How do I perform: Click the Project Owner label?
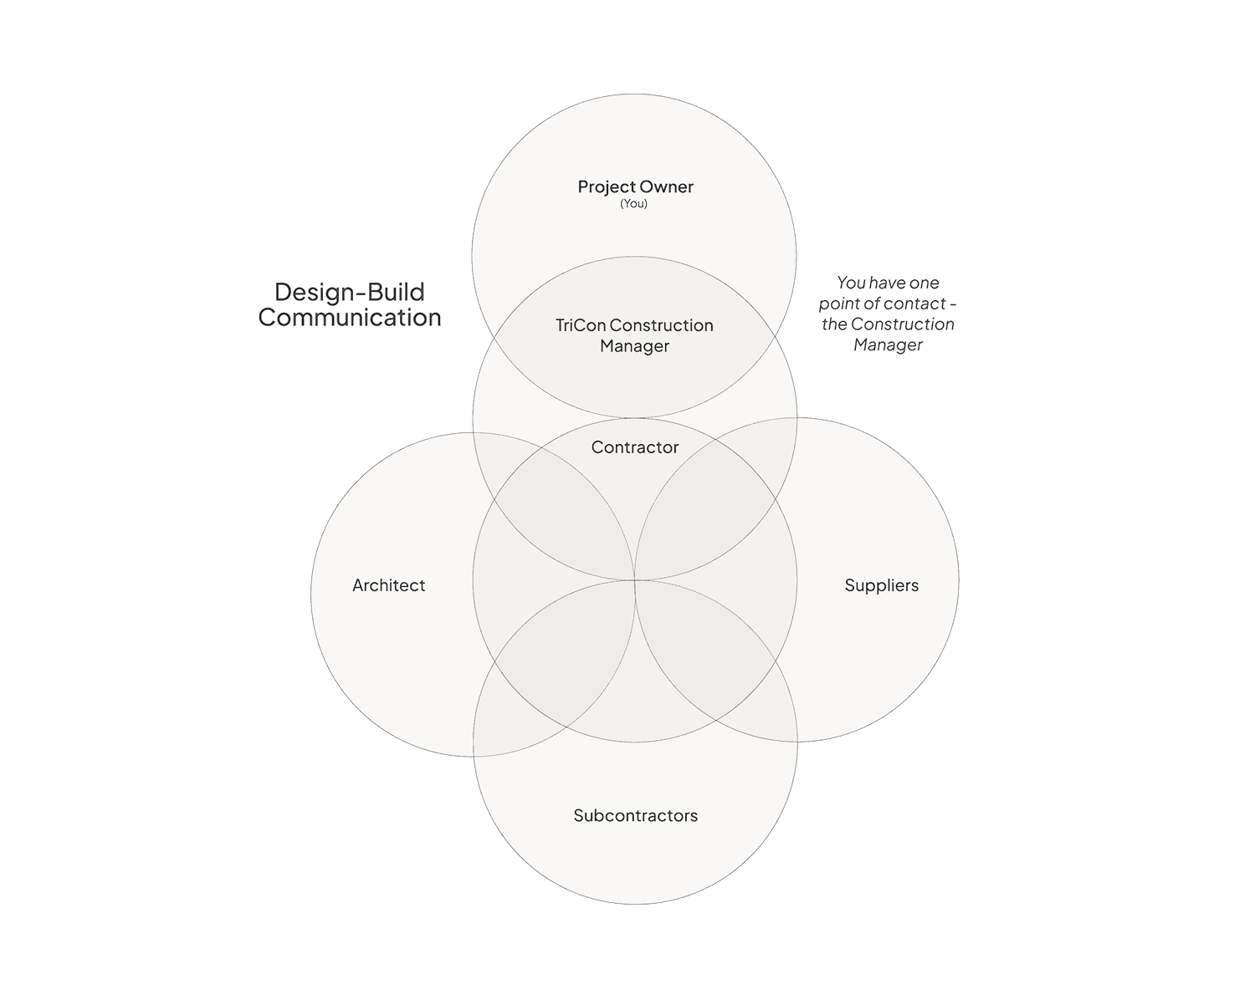pos(635,187)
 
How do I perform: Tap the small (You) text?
pos(633,204)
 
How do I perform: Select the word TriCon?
pos(579,325)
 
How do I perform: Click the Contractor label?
pos(635,447)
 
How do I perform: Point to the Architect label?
pos(388,585)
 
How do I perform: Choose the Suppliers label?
pos(881,585)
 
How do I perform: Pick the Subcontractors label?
pos(635,815)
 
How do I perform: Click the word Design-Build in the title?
pos(350,292)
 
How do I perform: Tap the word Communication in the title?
pos(350,318)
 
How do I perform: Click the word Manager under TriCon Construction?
pos(634,346)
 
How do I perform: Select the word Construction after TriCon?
pos(662,325)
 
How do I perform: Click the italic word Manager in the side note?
pos(888,344)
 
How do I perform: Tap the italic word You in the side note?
pos(851,283)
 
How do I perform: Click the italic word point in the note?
pos(838,304)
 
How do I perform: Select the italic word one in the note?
pos(924,283)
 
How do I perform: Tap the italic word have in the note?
pos(887,283)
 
